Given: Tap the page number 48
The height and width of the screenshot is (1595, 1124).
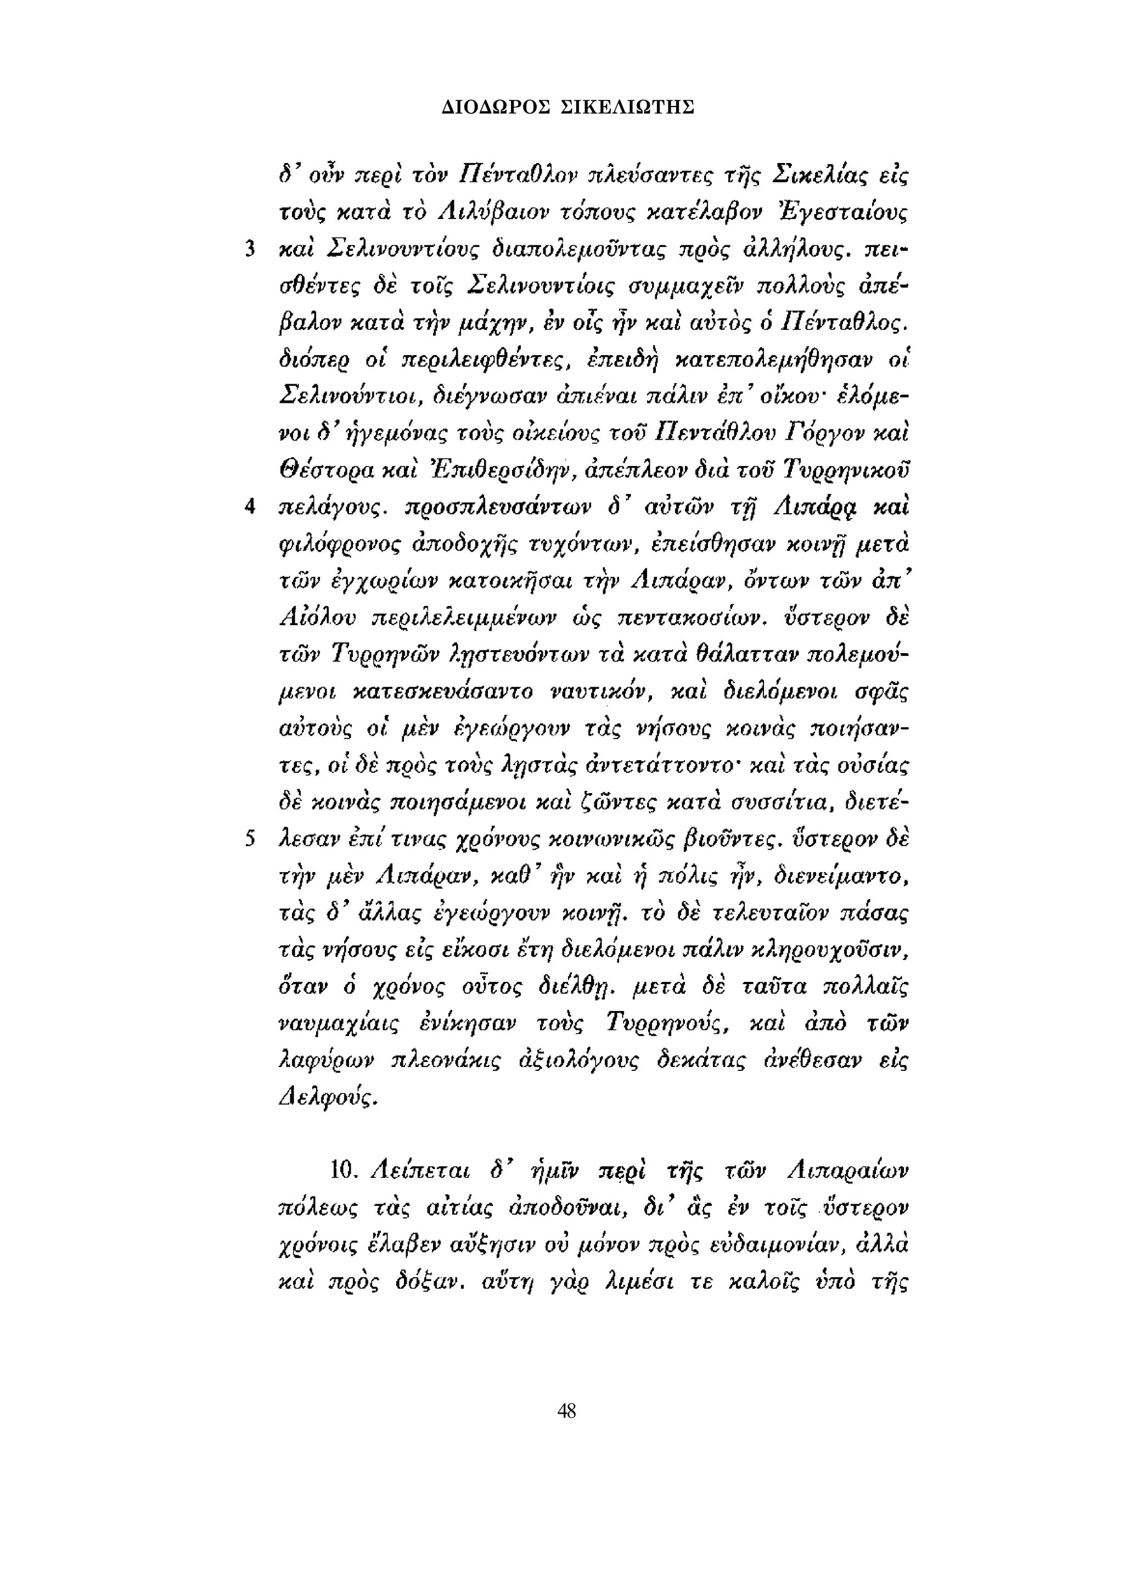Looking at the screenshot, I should [x=566, y=1410].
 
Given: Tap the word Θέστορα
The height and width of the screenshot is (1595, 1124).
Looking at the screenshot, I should [x=317, y=473].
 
